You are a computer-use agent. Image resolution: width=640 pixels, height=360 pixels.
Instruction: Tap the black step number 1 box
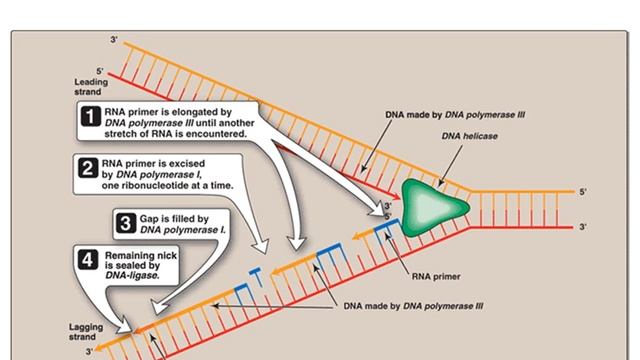point(91,116)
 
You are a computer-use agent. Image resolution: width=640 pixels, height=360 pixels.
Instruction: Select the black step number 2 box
point(88,168)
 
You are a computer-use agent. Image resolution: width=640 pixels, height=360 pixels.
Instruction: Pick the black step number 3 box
point(126,223)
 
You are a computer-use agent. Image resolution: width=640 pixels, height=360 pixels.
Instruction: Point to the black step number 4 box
point(88,260)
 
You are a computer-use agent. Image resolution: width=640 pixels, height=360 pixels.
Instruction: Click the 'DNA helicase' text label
point(469,136)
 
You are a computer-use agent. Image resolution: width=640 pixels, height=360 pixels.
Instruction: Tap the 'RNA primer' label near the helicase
point(436,276)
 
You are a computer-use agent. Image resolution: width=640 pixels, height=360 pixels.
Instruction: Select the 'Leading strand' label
point(91,87)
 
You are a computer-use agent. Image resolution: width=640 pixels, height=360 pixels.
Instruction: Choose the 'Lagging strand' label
point(86,332)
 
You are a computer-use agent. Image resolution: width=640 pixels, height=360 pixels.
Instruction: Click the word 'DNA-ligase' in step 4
point(132,276)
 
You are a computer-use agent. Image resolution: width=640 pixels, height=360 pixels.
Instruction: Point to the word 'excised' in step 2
point(187,164)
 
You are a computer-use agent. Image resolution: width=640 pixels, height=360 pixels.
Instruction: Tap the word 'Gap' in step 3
point(149,219)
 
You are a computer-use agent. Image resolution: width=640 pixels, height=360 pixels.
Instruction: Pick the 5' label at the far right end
point(583,192)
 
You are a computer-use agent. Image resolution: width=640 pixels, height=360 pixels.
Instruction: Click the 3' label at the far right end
point(583,227)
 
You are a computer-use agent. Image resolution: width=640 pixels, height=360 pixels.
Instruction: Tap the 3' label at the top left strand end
point(114,40)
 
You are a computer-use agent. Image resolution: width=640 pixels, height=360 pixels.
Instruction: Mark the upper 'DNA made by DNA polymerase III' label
point(455,115)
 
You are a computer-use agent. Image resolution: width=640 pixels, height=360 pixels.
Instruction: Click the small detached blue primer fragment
point(256,276)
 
